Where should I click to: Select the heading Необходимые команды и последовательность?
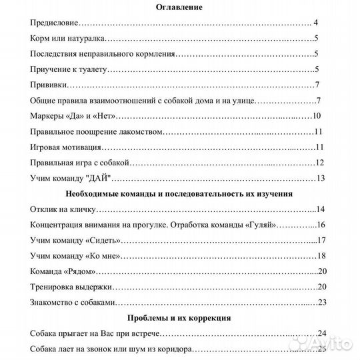[x=179, y=194]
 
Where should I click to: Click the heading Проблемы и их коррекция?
[x=179, y=318]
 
